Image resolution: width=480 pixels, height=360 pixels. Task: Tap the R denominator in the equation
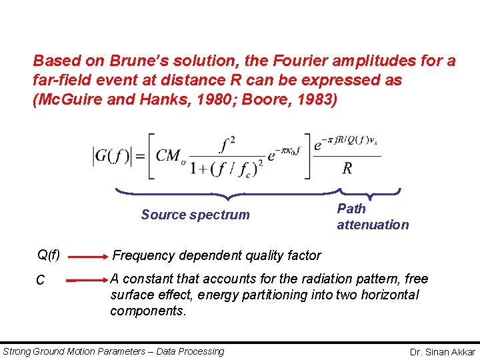tap(347, 168)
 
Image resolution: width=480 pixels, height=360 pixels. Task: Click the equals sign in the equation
tap(141, 157)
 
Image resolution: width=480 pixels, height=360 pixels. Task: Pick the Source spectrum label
tap(195, 215)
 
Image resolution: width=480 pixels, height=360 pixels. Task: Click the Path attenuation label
tap(373, 217)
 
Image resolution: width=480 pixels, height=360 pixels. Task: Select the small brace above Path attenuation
tap(371, 193)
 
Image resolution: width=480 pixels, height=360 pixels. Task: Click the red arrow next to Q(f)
tap(87, 255)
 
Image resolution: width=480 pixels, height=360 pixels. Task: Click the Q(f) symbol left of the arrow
tap(48, 255)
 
